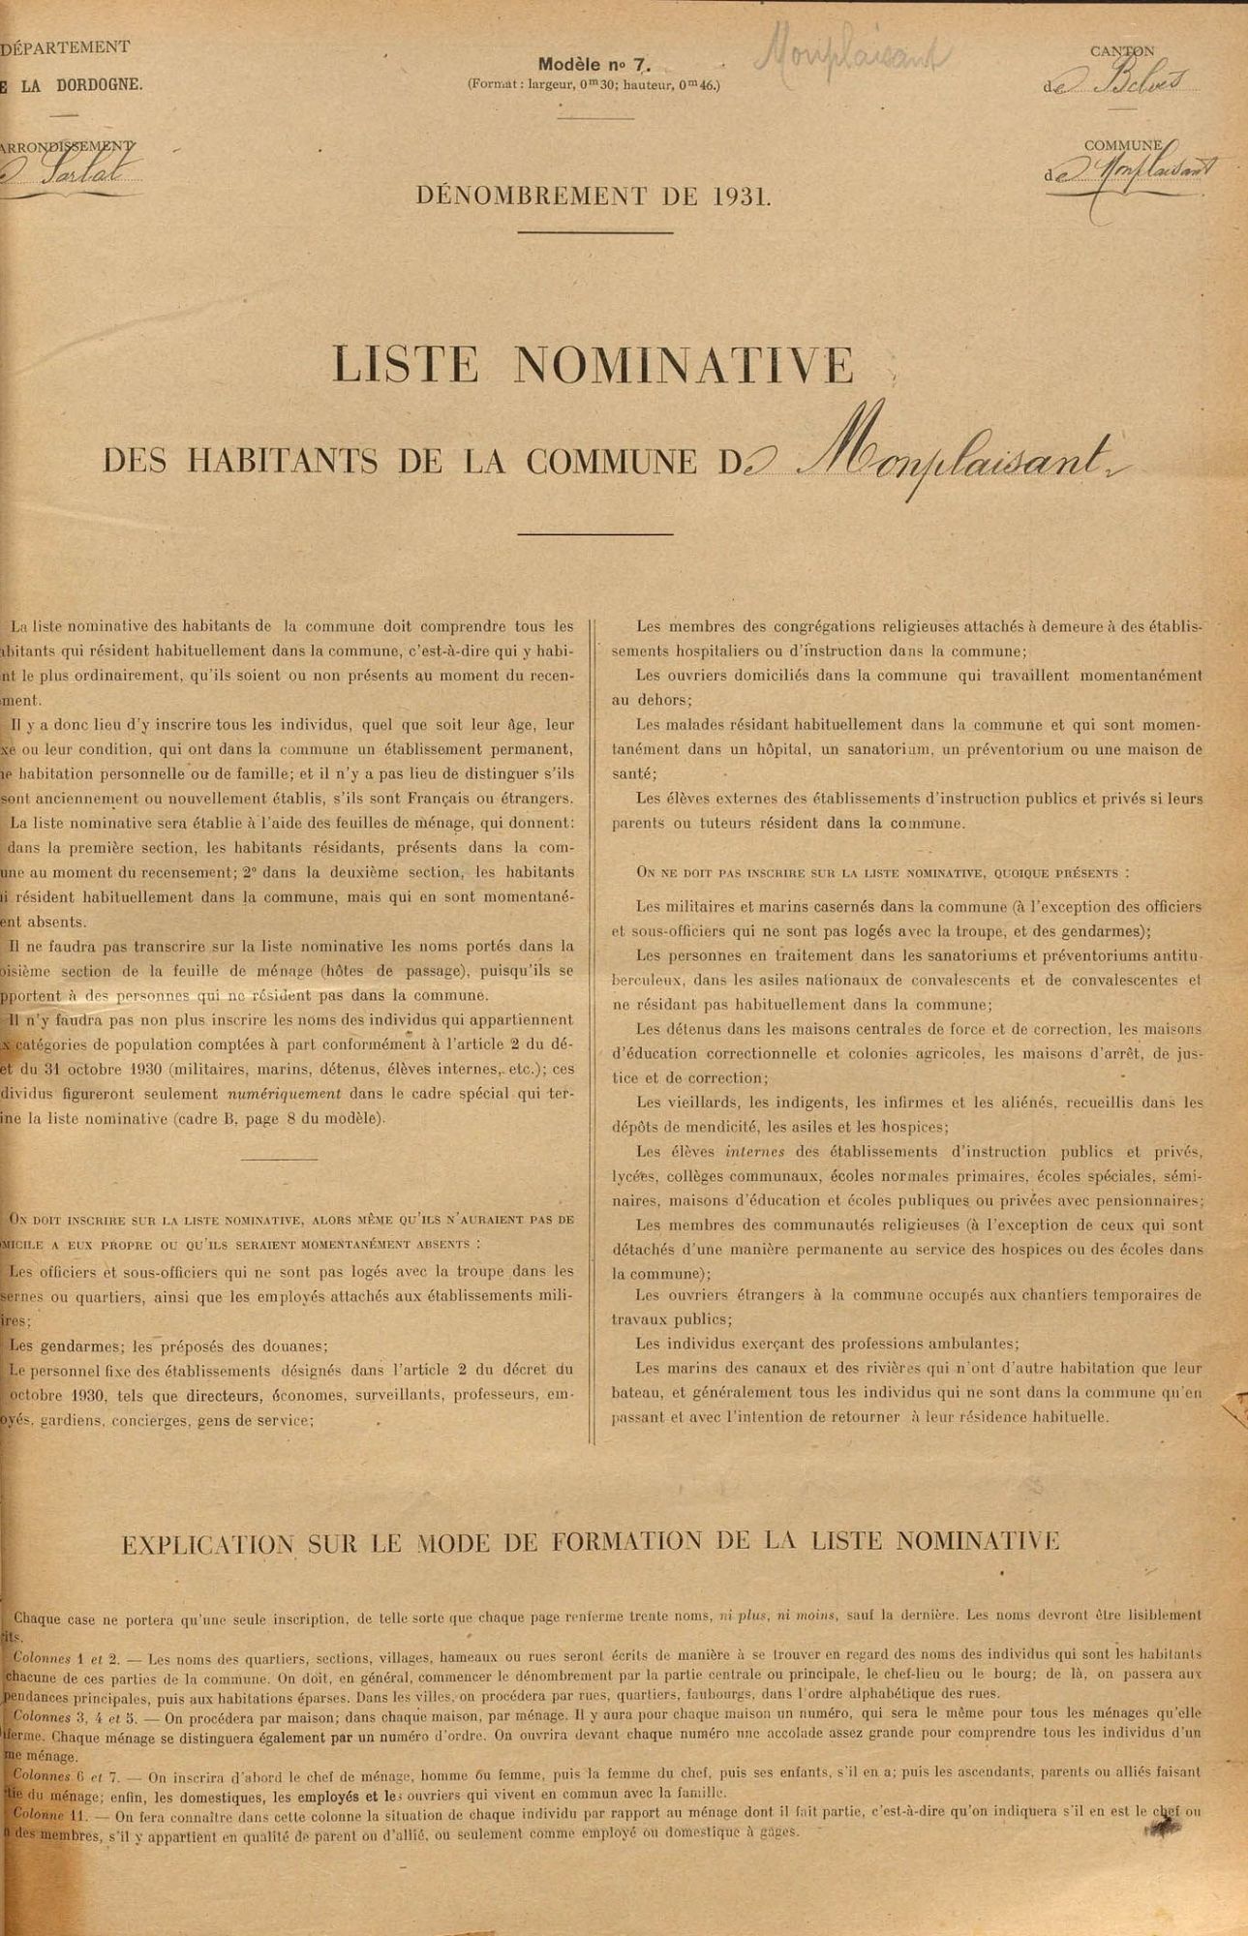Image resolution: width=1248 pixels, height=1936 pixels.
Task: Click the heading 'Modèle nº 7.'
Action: [x=593, y=66]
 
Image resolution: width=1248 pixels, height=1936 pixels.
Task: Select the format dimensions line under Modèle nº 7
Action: [x=594, y=84]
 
